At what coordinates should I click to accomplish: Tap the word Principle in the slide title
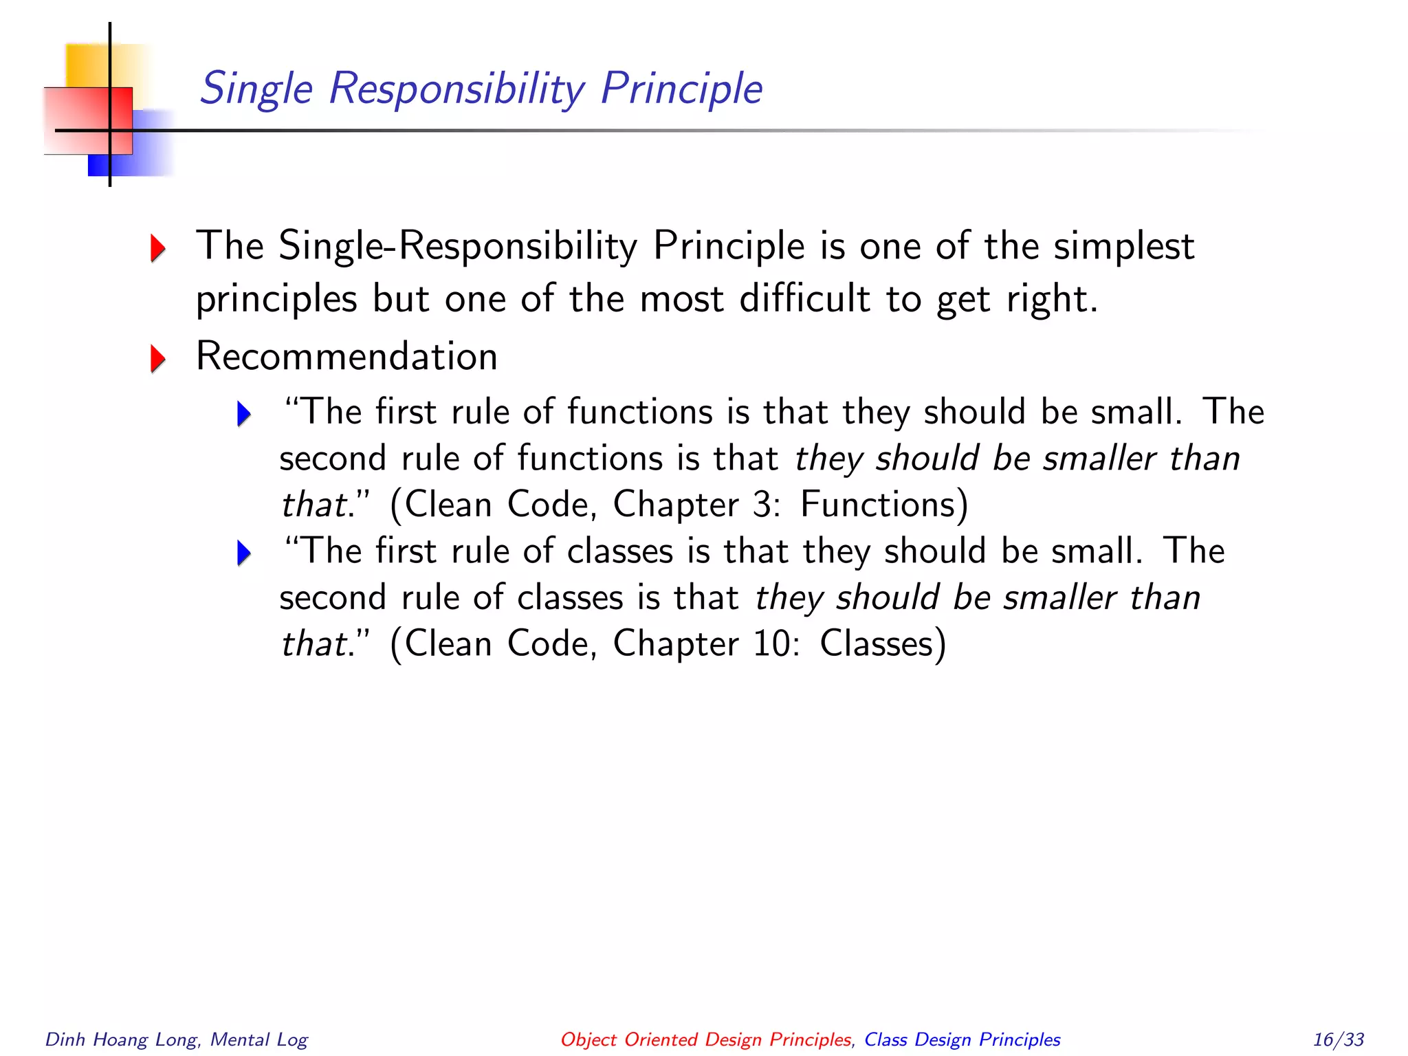(x=681, y=89)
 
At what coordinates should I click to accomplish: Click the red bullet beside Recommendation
(x=158, y=358)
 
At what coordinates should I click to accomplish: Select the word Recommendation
(x=346, y=357)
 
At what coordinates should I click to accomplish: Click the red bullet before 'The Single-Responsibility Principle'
(x=158, y=247)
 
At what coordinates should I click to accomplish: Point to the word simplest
(x=1124, y=246)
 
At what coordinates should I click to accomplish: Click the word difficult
(x=804, y=299)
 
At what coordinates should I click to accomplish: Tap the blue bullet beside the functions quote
(x=244, y=414)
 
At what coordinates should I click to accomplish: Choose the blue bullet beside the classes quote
(x=244, y=553)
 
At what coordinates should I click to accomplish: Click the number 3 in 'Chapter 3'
(x=762, y=505)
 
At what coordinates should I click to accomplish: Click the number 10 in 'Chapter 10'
(x=773, y=644)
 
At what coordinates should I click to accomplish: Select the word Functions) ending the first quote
(x=884, y=505)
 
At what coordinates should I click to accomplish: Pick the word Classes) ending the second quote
(x=883, y=644)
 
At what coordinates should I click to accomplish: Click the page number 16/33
(x=1338, y=1039)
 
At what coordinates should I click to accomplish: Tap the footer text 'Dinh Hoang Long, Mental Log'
(x=176, y=1039)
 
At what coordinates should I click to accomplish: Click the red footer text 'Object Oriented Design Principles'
(x=706, y=1039)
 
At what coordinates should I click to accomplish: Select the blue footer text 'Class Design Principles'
(x=962, y=1039)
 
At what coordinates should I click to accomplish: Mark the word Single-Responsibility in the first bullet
(x=458, y=246)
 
